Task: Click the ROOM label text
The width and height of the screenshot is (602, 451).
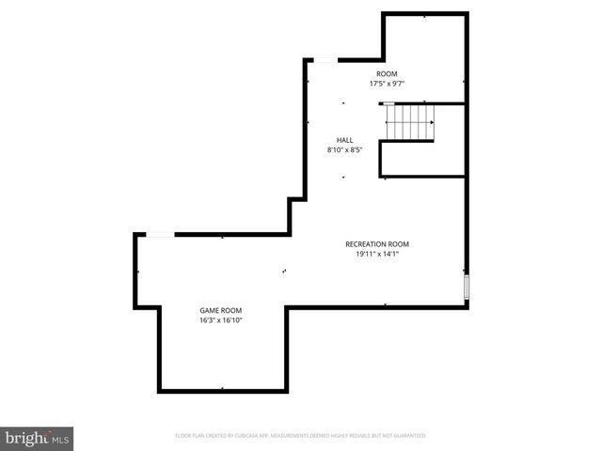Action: point(387,73)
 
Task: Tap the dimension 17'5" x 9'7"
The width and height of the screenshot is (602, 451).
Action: point(387,83)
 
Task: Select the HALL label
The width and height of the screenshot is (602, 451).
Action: point(345,140)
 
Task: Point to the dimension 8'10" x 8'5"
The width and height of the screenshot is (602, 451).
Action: point(345,149)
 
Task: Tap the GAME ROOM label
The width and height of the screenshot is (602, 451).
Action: point(220,310)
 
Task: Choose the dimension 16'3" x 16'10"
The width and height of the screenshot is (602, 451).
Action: point(220,319)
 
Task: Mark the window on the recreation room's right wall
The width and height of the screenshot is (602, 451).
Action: point(467,288)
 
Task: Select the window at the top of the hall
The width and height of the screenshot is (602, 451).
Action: point(324,61)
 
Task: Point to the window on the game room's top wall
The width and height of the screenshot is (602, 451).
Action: point(160,234)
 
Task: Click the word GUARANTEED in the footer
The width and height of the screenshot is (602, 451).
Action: point(406,436)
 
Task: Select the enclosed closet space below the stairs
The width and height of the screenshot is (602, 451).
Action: point(422,159)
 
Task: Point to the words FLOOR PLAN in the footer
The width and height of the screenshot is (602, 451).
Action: point(192,436)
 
